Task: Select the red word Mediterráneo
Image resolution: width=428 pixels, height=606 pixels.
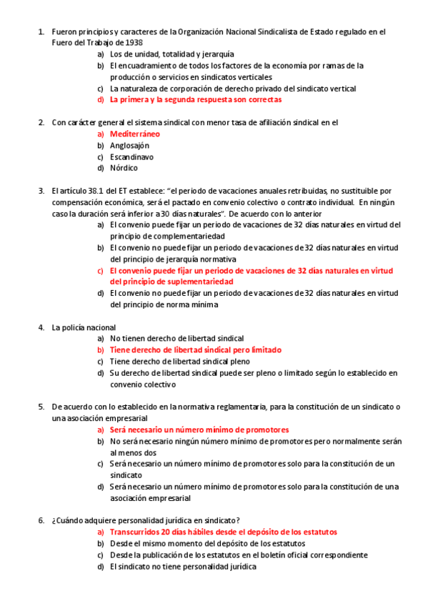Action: [134, 134]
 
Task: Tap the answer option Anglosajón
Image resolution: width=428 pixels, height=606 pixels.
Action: [129, 145]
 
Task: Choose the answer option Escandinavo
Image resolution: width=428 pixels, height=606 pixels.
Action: [131, 157]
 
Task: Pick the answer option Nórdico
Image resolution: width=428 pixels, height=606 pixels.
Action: [124, 168]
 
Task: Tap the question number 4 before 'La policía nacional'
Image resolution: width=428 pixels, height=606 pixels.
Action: [41, 327]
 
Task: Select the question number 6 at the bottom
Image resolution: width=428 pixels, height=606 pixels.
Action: [41, 520]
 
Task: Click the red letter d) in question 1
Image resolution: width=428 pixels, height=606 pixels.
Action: [101, 99]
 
